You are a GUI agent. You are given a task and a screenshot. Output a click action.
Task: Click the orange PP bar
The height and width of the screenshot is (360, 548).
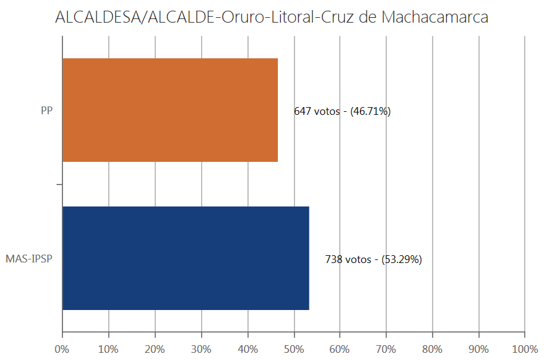click(x=170, y=110)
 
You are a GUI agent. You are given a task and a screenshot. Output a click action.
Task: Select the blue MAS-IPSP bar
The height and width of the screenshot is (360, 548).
click(x=186, y=258)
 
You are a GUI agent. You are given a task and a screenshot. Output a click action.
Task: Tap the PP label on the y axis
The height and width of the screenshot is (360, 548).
click(x=46, y=111)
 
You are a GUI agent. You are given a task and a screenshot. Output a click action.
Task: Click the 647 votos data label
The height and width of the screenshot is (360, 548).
click(x=342, y=111)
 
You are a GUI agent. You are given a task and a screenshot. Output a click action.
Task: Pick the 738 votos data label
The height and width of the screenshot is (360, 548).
click(x=373, y=259)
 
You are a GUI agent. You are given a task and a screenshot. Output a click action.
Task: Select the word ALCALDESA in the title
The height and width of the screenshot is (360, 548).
click(x=95, y=18)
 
